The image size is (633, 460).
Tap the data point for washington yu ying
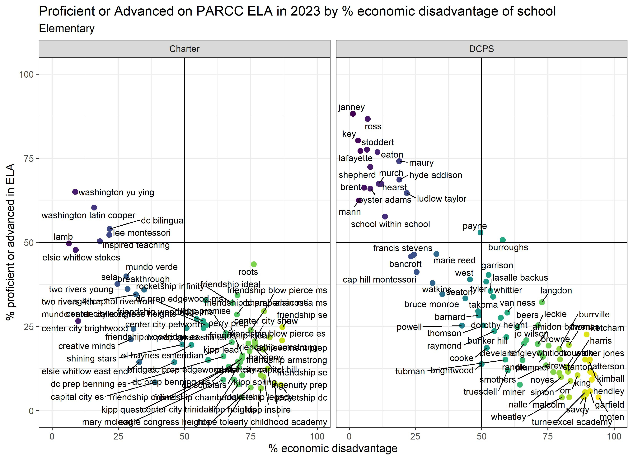pyautogui.click(x=75, y=192)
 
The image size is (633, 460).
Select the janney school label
pyautogui.click(x=351, y=107)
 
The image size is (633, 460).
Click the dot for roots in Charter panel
pyautogui.click(x=254, y=264)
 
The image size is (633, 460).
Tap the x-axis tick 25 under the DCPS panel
pyautogui.click(x=415, y=436)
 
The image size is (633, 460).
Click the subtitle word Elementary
pyautogui.click(x=67, y=28)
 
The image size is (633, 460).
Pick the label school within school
pyautogui.click(x=390, y=224)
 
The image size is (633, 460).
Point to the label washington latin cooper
pyautogui.click(x=88, y=215)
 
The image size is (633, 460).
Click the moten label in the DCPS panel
pyautogui.click(x=612, y=417)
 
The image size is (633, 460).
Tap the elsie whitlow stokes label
pyautogui.click(x=81, y=257)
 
